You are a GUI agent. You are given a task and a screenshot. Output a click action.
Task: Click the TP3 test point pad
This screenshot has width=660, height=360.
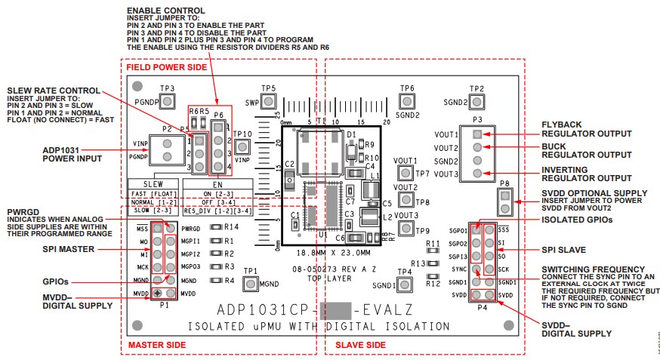tap(167, 100)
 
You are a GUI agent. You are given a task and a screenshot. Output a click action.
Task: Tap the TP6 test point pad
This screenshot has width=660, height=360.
tap(407, 101)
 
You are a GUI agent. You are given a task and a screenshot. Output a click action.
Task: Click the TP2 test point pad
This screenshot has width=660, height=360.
tap(476, 101)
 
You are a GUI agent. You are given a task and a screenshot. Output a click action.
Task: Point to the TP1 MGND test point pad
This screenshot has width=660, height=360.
tap(251, 284)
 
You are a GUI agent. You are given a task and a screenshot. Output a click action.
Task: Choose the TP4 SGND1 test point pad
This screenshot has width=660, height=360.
tap(406, 285)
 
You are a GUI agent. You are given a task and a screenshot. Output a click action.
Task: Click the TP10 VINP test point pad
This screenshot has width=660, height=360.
tap(242, 146)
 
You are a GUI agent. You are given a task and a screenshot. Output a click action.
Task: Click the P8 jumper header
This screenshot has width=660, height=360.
tap(504, 201)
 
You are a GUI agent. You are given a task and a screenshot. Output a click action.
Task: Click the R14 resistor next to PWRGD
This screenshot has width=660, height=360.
tap(216, 226)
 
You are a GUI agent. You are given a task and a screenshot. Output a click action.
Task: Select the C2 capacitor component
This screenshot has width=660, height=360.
tap(289, 178)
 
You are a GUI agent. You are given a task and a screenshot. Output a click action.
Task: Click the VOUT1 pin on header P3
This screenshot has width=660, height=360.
tap(476, 134)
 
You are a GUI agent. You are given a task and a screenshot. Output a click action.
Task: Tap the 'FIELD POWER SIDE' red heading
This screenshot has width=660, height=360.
tap(165, 67)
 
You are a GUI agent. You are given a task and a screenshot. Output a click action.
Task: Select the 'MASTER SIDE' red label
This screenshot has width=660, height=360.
tap(156, 345)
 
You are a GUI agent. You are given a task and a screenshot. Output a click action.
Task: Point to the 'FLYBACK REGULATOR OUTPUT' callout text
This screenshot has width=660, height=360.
tap(586, 129)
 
